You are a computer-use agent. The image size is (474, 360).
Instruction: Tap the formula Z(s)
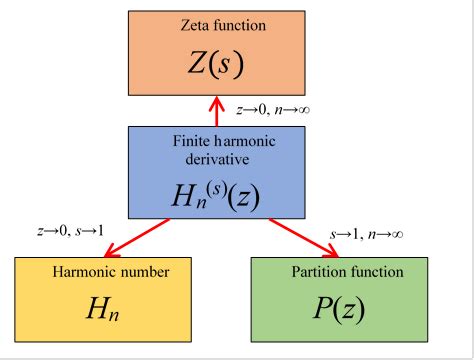[215, 62]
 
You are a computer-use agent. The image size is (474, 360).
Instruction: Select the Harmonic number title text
[86, 270]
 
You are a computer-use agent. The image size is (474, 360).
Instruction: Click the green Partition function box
[339, 300]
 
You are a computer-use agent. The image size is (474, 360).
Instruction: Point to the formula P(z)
[338, 311]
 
